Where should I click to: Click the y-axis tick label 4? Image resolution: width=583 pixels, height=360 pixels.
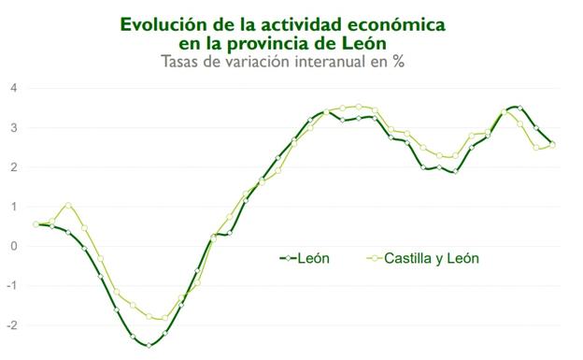pyautogui.click(x=14, y=88)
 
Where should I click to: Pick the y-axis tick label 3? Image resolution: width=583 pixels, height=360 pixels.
pyautogui.click(x=14, y=128)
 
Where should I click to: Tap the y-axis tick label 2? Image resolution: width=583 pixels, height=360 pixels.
pyautogui.click(x=14, y=167)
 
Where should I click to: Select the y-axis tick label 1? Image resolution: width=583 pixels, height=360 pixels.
pyautogui.click(x=14, y=207)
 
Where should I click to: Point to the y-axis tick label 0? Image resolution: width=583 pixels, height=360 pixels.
pyautogui.click(x=14, y=246)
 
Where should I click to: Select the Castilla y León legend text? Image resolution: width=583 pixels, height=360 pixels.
pyautogui.click(x=433, y=258)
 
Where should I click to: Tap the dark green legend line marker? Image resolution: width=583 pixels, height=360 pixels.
pyautogui.click(x=287, y=258)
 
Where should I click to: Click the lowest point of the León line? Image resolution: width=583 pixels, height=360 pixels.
pyautogui.click(x=149, y=345)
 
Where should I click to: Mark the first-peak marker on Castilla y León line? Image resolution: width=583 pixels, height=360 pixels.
pyautogui.click(x=68, y=205)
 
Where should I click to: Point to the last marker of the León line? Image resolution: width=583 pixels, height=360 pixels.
pyautogui.click(x=553, y=144)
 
